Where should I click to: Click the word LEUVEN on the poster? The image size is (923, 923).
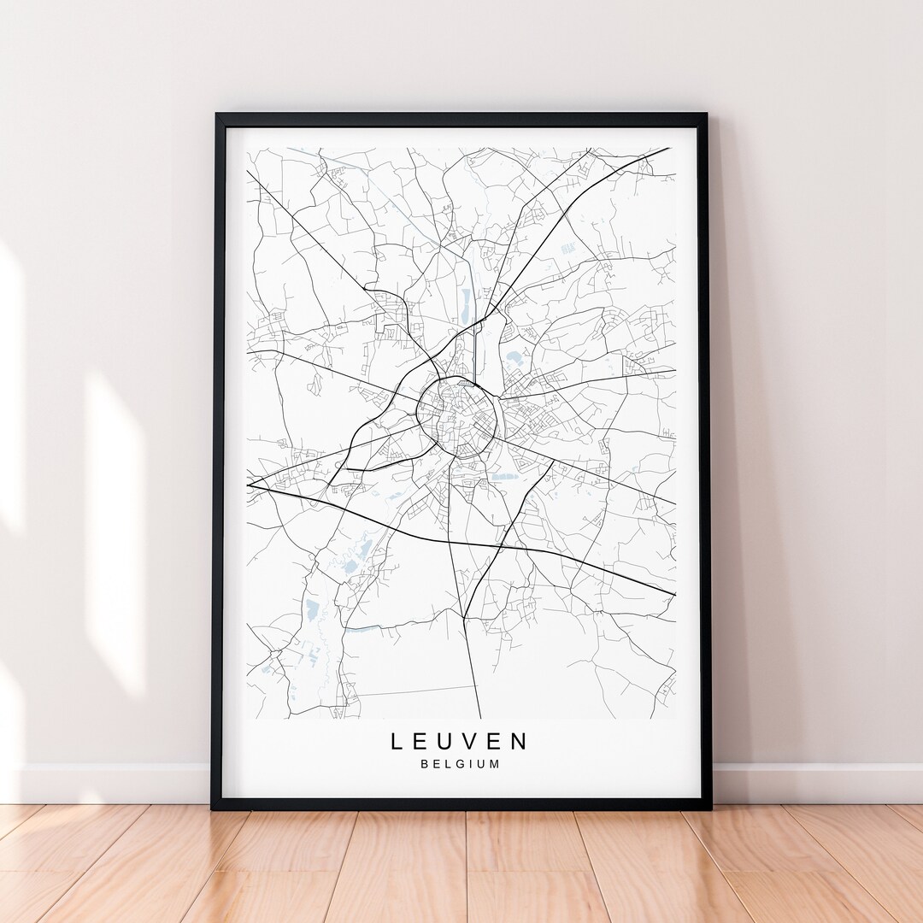pyautogui.click(x=460, y=741)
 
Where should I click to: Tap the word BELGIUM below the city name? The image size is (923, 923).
pyautogui.click(x=460, y=764)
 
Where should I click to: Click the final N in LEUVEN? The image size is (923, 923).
pyautogui.click(x=520, y=741)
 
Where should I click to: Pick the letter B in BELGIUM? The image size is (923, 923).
pyautogui.click(x=424, y=764)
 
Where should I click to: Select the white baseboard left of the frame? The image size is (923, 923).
pyautogui.click(x=111, y=782)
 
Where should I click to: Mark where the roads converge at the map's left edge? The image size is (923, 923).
pyautogui.click(x=249, y=485)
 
